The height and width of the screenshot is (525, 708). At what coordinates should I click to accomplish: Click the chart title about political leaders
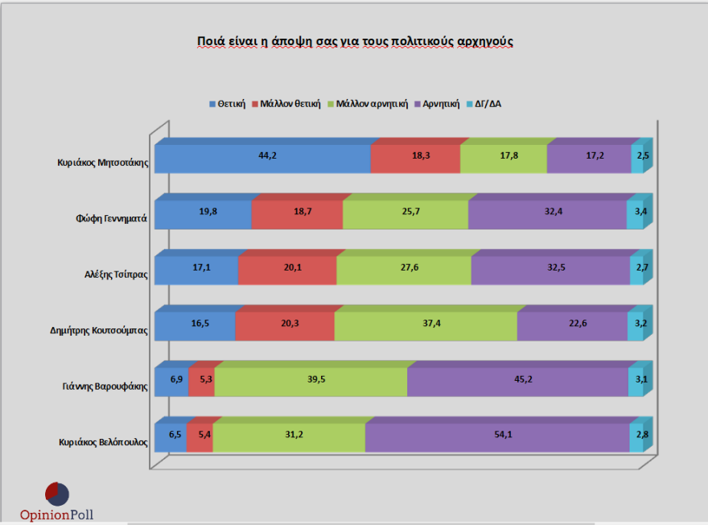point(355,41)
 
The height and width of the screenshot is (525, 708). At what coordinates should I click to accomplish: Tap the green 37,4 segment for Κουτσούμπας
point(425,326)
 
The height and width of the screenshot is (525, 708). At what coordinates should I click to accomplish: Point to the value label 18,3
point(421,155)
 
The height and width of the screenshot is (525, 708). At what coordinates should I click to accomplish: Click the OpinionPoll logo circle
point(56,493)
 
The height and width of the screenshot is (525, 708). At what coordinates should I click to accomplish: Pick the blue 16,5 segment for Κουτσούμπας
point(195,326)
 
